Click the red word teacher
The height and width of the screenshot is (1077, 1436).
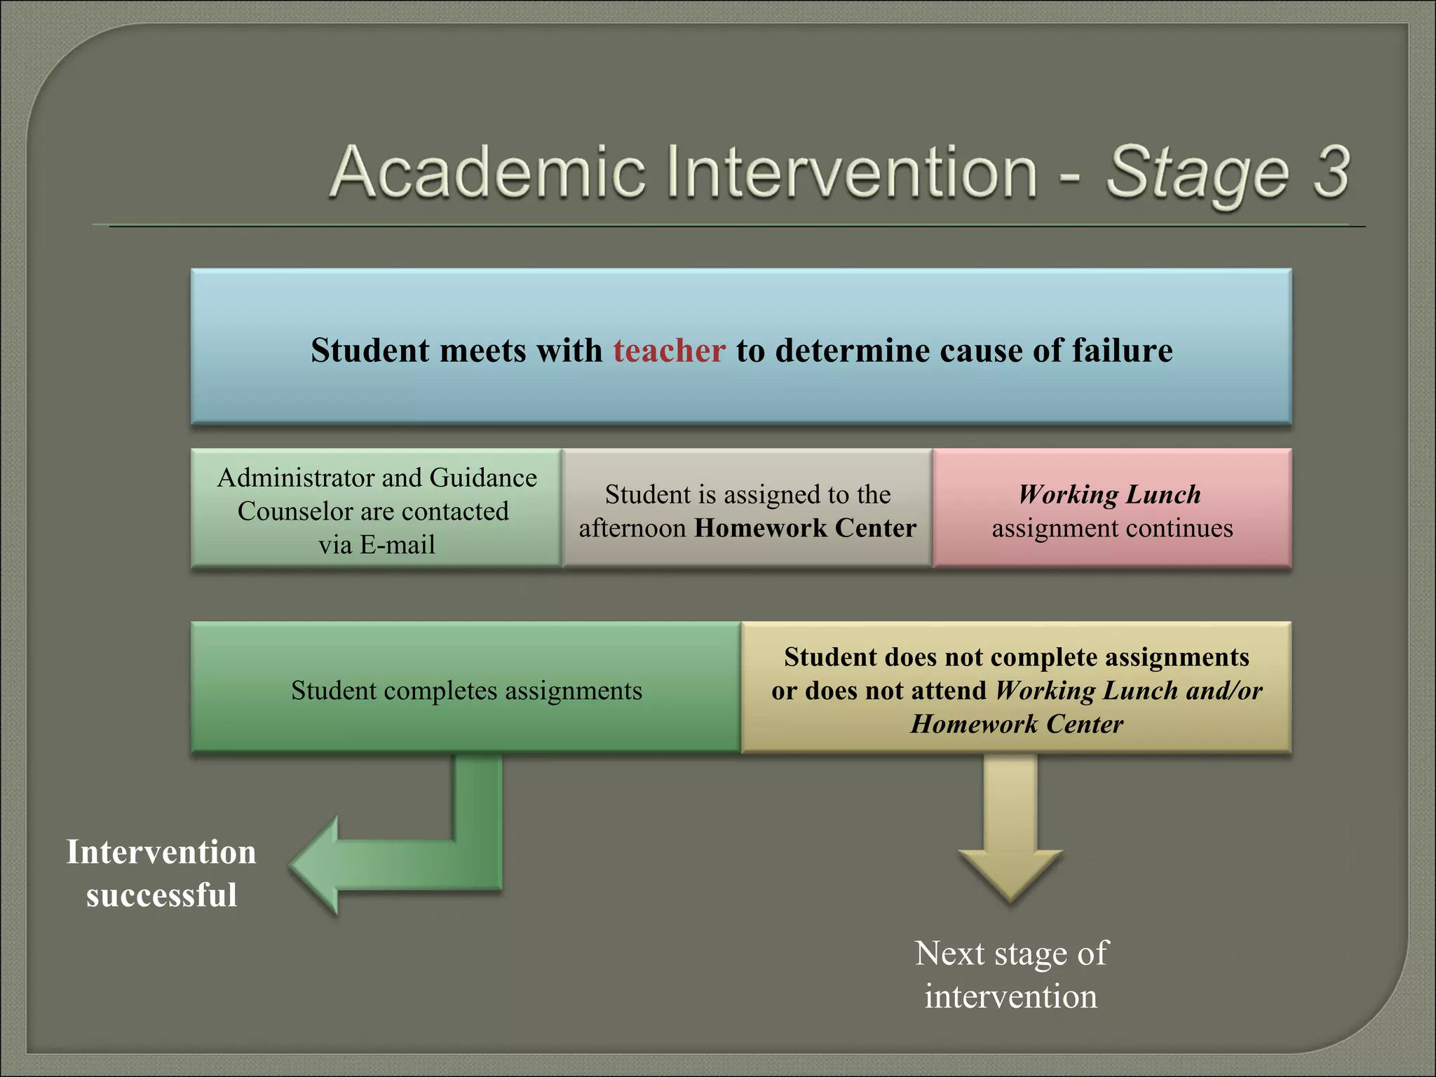[669, 351]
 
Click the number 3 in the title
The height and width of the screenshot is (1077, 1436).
[1330, 171]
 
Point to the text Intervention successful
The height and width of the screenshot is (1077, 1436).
[161, 874]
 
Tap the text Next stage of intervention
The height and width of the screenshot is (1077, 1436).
[1010, 975]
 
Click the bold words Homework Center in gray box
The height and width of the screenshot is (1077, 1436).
[805, 528]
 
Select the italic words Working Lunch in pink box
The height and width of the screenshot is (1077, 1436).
[1109, 494]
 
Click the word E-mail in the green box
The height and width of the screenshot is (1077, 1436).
[397, 545]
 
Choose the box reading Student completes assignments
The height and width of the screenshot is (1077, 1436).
[466, 689]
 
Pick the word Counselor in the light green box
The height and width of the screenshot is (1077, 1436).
[294, 511]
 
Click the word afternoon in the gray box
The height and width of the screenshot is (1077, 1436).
[632, 528]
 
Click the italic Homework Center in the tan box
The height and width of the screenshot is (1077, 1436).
[1017, 724]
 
